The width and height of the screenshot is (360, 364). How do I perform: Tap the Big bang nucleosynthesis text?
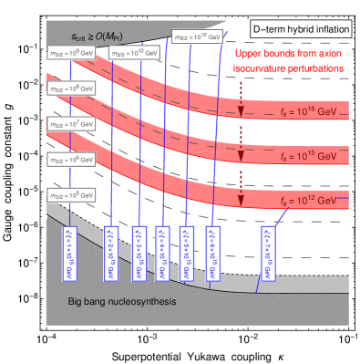(x=122, y=300)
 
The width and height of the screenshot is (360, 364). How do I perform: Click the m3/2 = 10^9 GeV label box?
(x=70, y=54)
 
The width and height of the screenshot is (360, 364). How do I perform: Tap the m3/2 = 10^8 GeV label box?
(x=70, y=88)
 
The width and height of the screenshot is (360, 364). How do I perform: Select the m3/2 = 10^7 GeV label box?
(x=70, y=123)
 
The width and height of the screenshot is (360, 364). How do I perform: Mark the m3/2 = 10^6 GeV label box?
(x=70, y=159)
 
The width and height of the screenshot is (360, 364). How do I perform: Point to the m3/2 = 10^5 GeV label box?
(x=70, y=194)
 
